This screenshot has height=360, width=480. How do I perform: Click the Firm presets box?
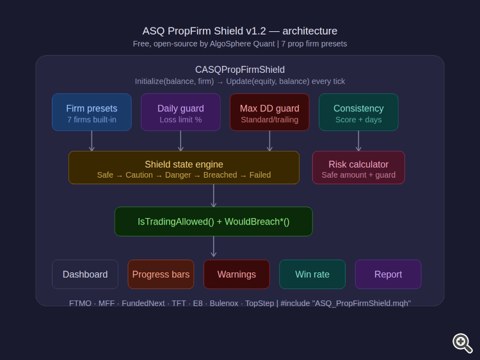click(x=92, y=113)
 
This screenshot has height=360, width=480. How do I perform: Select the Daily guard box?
click(x=180, y=113)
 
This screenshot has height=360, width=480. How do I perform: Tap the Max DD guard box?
click(x=269, y=113)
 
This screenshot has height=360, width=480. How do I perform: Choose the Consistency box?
click(x=358, y=113)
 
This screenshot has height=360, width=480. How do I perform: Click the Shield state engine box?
click(x=184, y=168)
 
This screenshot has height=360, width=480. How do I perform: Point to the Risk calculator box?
click(x=358, y=168)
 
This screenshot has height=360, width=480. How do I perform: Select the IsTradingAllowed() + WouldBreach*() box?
click(x=214, y=221)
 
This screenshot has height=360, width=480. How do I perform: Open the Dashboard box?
click(x=85, y=274)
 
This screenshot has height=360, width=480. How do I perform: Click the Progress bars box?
click(x=161, y=274)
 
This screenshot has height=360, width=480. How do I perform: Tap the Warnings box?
click(x=237, y=274)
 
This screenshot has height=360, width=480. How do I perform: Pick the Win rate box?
click(x=312, y=274)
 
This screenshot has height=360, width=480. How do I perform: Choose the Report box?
click(x=388, y=274)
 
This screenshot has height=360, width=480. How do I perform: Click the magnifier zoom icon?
click(x=462, y=343)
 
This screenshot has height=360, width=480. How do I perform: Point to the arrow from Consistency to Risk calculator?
click(x=358, y=141)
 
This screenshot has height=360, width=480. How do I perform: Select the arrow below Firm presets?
click(x=92, y=141)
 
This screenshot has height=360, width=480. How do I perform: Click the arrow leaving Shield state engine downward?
click(x=214, y=195)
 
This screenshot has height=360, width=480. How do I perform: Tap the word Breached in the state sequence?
click(x=220, y=175)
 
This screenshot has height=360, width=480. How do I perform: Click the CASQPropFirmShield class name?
click(x=240, y=70)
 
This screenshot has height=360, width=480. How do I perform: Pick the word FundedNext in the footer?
click(x=143, y=303)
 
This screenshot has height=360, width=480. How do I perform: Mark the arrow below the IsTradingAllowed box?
click(x=214, y=247)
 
